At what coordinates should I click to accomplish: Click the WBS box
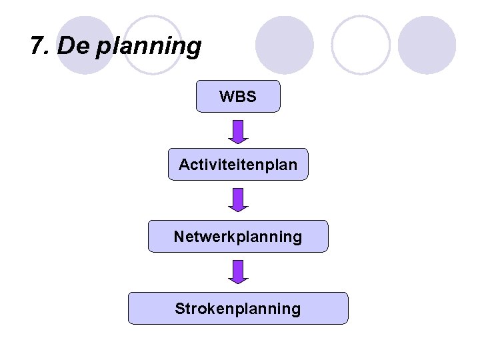click(238, 97)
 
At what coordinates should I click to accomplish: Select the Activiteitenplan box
click(238, 164)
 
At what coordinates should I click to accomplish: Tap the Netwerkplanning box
click(238, 236)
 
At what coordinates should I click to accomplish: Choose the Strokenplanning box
click(238, 308)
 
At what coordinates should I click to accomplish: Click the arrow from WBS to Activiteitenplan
click(238, 131)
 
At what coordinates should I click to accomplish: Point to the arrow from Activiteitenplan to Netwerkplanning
click(238, 199)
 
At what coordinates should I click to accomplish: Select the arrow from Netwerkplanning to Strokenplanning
click(238, 271)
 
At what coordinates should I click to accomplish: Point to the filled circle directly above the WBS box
click(285, 44)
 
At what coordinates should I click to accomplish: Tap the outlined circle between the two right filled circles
click(361, 44)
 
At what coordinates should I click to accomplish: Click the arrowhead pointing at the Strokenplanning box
click(238, 279)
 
